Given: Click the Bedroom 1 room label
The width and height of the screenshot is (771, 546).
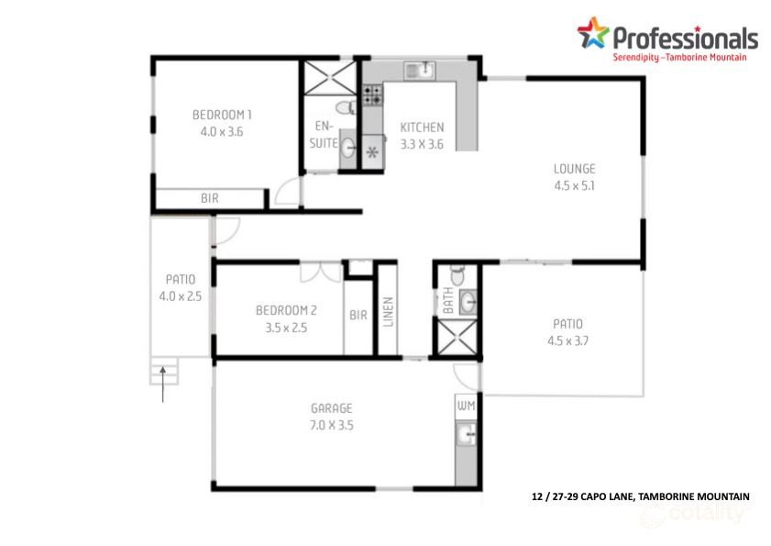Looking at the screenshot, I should pos(221,123).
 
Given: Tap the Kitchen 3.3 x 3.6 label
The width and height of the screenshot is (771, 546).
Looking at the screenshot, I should pos(422,135).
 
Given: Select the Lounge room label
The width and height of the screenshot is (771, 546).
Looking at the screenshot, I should pos(574,176).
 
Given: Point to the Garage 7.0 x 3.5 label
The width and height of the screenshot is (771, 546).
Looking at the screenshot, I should pos(332,416).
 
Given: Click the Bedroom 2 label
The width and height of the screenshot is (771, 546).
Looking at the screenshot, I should pos(286,318).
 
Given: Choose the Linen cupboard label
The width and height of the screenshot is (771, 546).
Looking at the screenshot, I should pos(387,311).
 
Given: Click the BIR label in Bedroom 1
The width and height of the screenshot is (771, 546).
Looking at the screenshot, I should pos(210,198).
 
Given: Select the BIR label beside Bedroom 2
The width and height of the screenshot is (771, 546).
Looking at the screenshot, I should pos(358,315).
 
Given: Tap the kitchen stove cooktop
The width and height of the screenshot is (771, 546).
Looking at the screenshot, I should pos(372,93).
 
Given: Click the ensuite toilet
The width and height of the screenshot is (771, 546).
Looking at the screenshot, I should pos(346,108).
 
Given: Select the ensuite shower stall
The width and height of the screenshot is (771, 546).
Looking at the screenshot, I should pos(322,77).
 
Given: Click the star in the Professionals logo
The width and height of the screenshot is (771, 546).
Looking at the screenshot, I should pos(592,34).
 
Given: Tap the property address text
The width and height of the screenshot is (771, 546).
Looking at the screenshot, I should pos(640,496).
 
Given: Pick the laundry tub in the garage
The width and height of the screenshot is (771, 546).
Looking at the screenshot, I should pos(465,434).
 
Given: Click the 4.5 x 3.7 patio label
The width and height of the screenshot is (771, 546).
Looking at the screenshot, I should pos(567,332).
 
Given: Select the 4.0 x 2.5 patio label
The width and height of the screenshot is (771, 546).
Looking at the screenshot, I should pos(180,287).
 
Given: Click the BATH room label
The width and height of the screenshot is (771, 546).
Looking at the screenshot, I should pos(448,302).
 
